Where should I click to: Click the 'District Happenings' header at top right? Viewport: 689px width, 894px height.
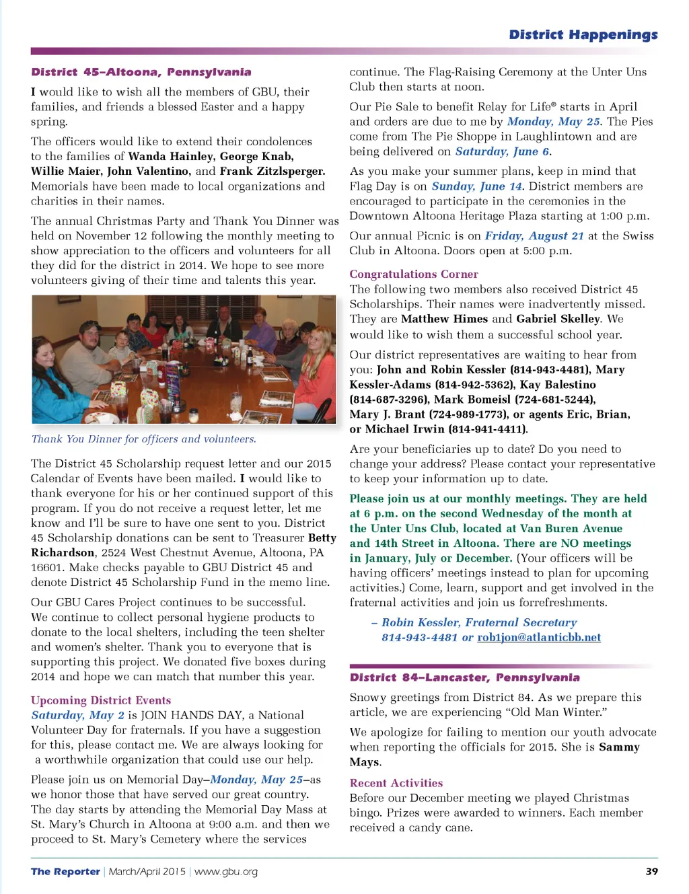click(583, 34)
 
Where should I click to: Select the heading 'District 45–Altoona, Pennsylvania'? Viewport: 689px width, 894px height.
click(141, 72)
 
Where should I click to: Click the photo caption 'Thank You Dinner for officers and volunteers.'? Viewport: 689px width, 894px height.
click(143, 439)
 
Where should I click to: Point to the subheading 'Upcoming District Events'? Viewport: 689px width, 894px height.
click(101, 700)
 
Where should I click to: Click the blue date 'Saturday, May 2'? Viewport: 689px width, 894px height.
click(77, 715)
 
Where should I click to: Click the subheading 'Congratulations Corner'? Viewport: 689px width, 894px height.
click(413, 274)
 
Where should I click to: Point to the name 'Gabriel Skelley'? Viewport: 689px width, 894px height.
click(558, 319)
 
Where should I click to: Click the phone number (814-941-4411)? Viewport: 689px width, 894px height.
click(488, 429)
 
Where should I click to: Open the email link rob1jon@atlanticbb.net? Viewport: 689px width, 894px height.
click(539, 637)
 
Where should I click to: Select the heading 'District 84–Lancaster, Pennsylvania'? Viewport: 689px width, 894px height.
click(464, 677)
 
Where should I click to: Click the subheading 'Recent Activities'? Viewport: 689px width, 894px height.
click(396, 783)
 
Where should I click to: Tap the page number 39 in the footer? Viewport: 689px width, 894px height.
click(651, 871)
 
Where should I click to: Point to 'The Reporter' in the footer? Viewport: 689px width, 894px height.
click(65, 871)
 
